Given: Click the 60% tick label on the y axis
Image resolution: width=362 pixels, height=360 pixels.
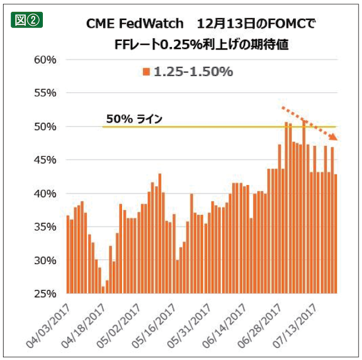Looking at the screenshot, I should (x=45, y=60).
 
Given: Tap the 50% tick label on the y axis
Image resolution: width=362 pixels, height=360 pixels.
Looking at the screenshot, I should (x=45, y=127).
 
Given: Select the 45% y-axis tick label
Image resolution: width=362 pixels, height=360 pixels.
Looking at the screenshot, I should (x=45, y=160).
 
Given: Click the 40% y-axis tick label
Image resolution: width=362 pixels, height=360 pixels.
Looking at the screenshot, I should (x=45, y=194).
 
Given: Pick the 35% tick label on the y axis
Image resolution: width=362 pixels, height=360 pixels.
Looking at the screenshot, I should (x=45, y=227).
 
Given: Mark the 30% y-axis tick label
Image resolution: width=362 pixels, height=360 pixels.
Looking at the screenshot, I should (x=45, y=261).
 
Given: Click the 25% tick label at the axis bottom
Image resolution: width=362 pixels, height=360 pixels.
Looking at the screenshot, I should (x=45, y=294).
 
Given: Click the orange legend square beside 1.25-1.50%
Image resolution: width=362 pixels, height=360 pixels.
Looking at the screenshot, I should (x=146, y=72).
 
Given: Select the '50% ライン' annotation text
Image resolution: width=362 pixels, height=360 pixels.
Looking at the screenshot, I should (x=134, y=119).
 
